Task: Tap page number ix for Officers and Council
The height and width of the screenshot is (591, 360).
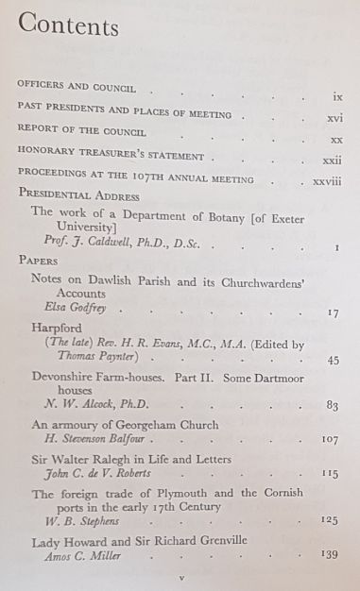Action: (337, 97)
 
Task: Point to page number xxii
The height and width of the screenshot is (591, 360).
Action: (332, 161)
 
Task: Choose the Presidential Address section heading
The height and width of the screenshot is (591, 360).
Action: (78, 195)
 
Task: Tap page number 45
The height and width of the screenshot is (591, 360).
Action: (333, 360)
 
